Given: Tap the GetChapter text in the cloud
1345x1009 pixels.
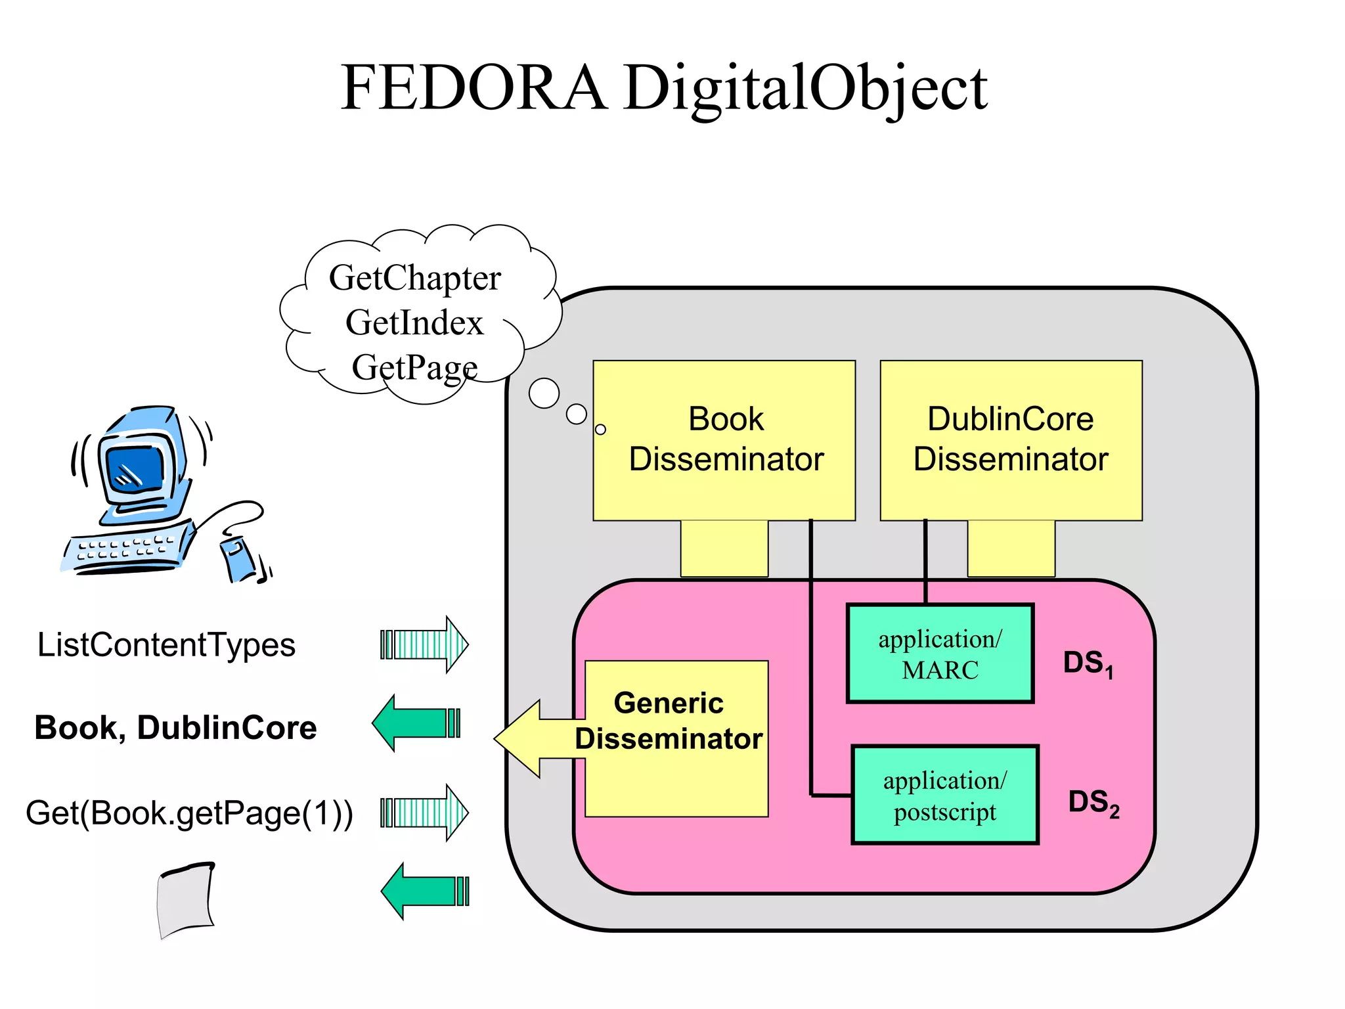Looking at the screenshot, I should coord(414,277).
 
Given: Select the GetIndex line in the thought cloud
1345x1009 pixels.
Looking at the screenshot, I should coord(414,323).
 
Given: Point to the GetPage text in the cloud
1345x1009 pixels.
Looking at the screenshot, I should coord(414,367).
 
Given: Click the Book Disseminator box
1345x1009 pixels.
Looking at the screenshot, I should coord(724,439).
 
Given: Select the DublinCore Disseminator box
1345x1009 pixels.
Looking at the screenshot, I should coord(1011,439).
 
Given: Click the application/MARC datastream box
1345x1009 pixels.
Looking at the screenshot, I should coord(940,654).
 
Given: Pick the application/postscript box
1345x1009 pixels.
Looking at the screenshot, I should coord(944,795).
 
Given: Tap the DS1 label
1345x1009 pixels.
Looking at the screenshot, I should coord(1088,663).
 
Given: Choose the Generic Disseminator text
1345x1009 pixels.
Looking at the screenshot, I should coord(669,721).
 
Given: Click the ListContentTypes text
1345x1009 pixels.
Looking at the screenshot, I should coord(166,644).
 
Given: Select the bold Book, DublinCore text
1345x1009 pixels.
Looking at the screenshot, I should coord(175,728).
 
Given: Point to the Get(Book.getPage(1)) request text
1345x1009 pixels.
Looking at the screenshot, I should coord(189,813).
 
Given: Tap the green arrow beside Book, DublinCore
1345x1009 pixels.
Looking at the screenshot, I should coord(417,723).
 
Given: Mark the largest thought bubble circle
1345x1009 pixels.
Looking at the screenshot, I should coord(544,393).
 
